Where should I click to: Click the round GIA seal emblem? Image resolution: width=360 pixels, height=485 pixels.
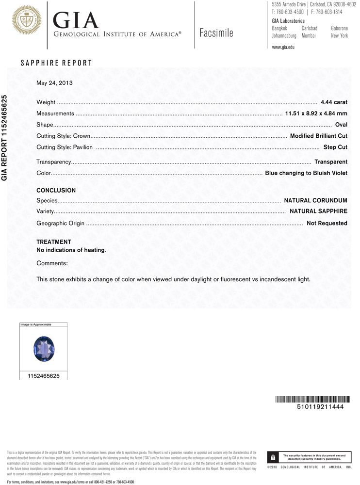click(x=26, y=20)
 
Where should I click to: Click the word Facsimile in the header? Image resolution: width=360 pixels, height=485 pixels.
click(x=216, y=33)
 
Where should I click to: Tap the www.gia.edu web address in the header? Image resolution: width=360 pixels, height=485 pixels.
click(x=283, y=47)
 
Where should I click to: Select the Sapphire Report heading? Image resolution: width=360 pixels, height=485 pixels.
click(x=56, y=64)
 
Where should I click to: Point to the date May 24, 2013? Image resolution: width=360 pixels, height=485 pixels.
click(x=54, y=82)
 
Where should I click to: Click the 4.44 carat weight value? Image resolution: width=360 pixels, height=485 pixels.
click(x=334, y=102)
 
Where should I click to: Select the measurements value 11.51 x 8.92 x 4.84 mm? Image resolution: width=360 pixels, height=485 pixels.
click(x=316, y=113)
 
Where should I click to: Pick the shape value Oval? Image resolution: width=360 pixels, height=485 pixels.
click(x=341, y=125)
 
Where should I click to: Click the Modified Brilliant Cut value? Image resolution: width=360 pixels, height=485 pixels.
click(x=318, y=136)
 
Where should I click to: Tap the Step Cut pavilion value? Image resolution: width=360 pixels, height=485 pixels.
click(x=335, y=146)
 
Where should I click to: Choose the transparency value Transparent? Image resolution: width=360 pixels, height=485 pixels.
click(x=330, y=162)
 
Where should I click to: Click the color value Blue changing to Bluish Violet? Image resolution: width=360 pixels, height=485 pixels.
click(x=306, y=173)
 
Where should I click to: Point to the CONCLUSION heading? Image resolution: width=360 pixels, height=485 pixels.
click(x=56, y=191)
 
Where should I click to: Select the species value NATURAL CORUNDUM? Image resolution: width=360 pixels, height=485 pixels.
click(x=315, y=200)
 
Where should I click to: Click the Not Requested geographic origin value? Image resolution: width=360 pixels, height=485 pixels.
click(x=327, y=223)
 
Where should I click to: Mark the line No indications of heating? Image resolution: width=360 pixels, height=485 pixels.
click(x=71, y=250)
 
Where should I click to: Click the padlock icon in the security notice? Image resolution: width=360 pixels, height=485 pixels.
click(x=274, y=457)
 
